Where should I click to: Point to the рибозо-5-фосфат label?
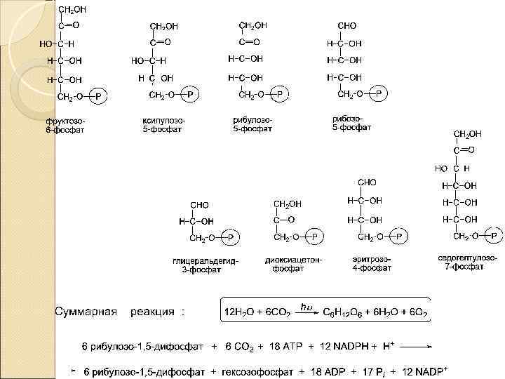click(351, 123)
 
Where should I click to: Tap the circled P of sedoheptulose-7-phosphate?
click(494, 235)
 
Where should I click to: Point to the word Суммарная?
click(87, 310)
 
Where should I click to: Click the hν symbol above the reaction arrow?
click(306, 306)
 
